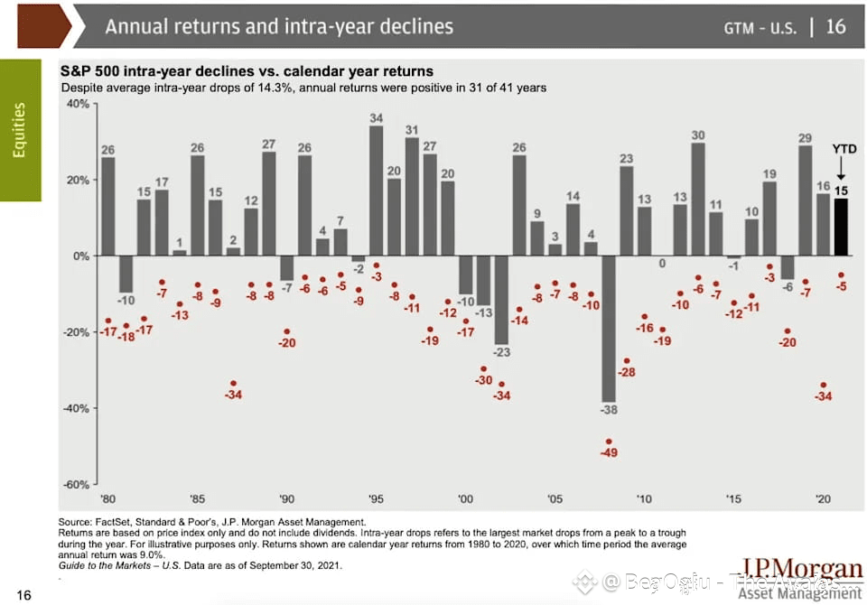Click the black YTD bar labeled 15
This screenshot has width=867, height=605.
coord(840,227)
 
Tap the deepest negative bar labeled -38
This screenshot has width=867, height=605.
coord(609,329)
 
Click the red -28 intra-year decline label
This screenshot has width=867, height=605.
coord(627,373)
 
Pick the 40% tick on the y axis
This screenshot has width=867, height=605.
coord(77,104)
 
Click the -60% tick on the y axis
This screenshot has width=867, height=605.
coord(77,484)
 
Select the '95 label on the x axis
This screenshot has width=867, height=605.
coord(376,498)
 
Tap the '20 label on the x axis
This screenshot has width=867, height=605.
coord(823,498)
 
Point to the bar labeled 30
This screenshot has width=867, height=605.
coord(698,200)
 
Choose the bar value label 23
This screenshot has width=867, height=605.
coord(627,159)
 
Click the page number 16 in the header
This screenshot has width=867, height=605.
coord(836,26)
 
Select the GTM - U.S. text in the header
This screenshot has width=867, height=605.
coord(760,27)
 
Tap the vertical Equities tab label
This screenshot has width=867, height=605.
coord(20,130)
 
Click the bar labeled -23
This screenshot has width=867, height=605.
coord(501,300)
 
